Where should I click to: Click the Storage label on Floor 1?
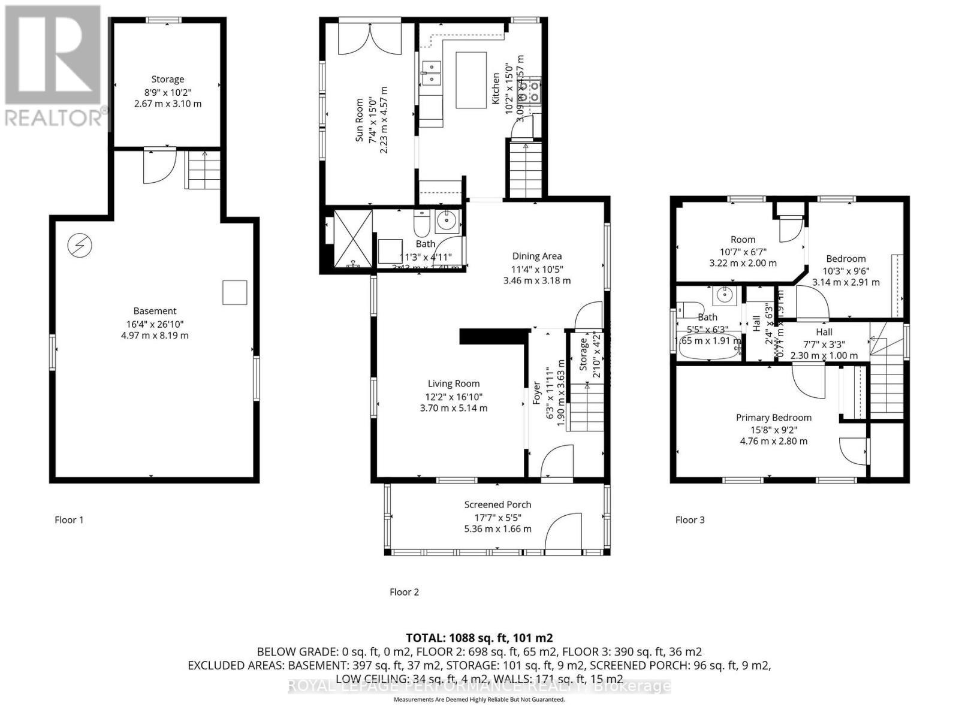click(167, 79)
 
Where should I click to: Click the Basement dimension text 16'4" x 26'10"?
click(155, 324)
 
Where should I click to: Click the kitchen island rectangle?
click(471, 80)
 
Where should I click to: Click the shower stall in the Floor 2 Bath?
click(352, 239)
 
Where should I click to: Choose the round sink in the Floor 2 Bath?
click(447, 220)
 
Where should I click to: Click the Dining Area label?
click(536, 256)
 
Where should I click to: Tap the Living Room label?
click(453, 383)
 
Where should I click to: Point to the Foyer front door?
click(557, 461)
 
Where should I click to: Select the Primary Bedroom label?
click(774, 418)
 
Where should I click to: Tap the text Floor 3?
click(690, 519)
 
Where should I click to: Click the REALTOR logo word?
click(54, 117)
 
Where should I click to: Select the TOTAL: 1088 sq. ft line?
click(479, 638)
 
